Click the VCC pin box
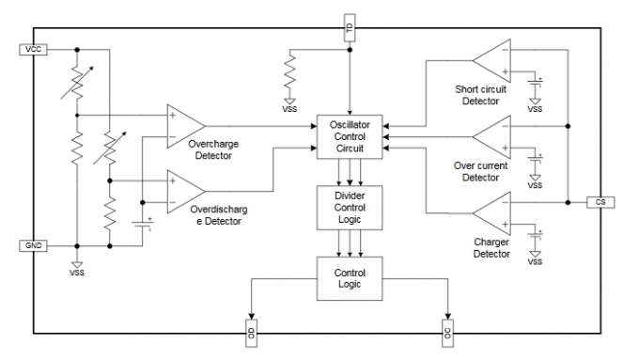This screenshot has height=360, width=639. coord(33,48)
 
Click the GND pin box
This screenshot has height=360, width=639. coord(33,245)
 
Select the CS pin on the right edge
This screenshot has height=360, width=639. coord(600,201)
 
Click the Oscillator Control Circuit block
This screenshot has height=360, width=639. coord(350,136)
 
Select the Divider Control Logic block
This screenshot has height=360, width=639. coord(350,207)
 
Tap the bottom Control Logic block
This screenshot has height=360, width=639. coord(350,278)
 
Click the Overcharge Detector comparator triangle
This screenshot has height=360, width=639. coord(183,124)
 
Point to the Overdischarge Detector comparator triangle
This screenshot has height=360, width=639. coord(183,190)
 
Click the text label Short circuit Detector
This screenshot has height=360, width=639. coord(480,95)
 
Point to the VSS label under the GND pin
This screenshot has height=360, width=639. coord(77,273)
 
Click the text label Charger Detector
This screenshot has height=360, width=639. coord(492,247)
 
